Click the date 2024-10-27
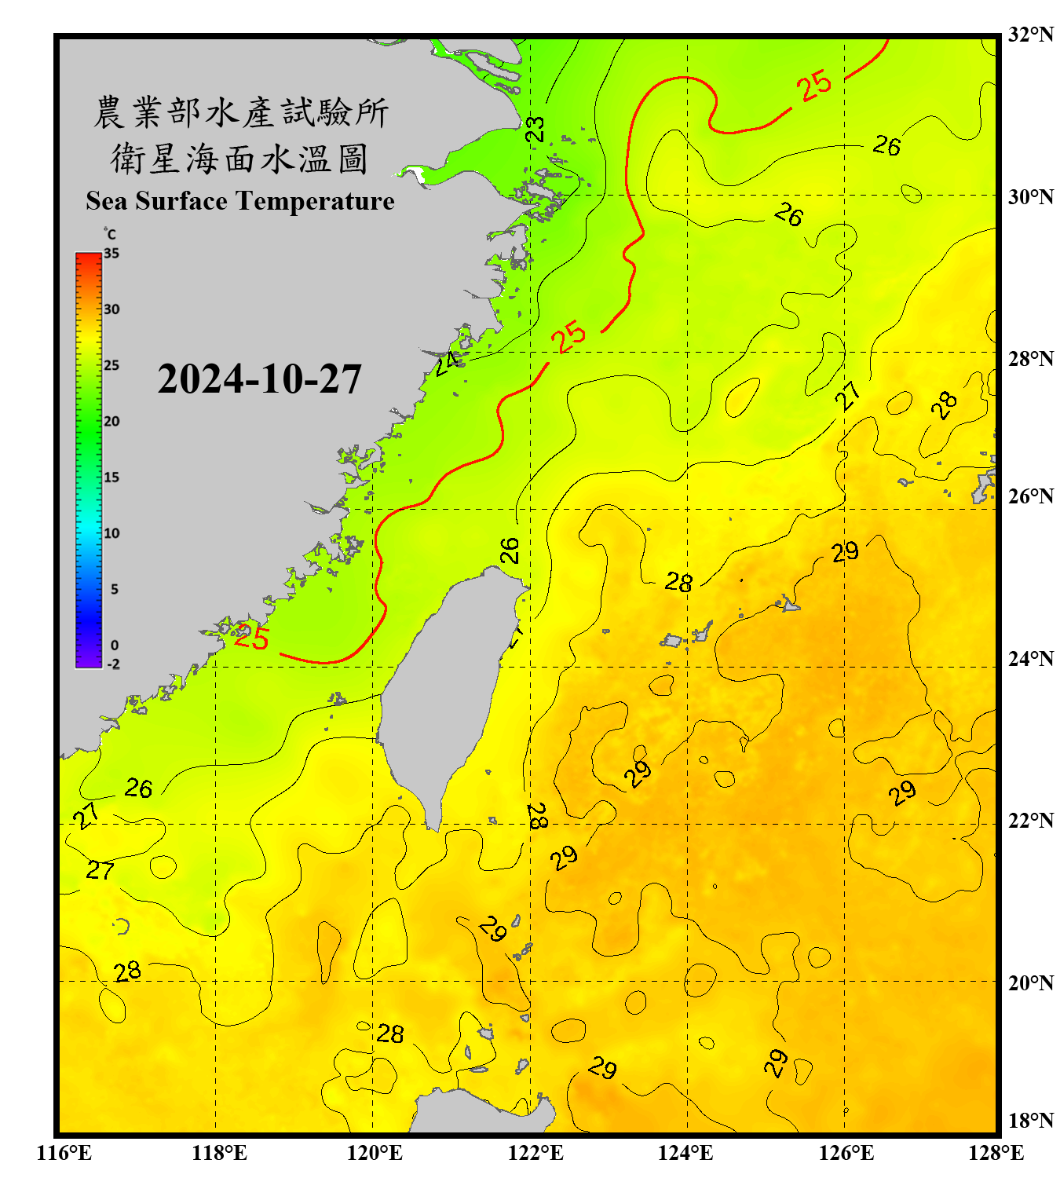(x=259, y=379)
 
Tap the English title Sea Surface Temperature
(x=240, y=201)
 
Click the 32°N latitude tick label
(x=1030, y=35)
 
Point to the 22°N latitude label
(x=1030, y=821)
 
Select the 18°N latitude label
(x=1030, y=1121)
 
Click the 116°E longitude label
(x=64, y=1153)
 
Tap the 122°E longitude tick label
(x=535, y=1153)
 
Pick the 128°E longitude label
(x=996, y=1153)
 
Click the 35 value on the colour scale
(x=111, y=254)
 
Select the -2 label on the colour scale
(x=113, y=664)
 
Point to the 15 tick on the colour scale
(x=111, y=477)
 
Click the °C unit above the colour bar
(x=110, y=234)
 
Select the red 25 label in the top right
(x=814, y=86)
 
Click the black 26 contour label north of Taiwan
(x=510, y=551)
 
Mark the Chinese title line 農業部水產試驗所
(x=240, y=112)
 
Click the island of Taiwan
(x=448, y=683)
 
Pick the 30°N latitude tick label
(x=1030, y=197)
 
